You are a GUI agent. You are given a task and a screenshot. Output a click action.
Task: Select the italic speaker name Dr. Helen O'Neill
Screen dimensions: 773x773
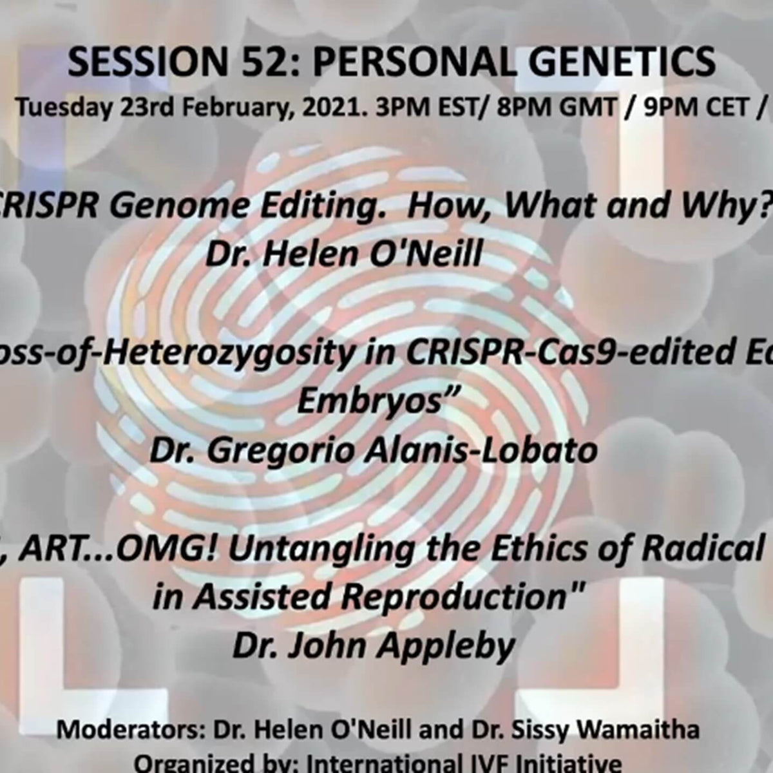344,254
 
